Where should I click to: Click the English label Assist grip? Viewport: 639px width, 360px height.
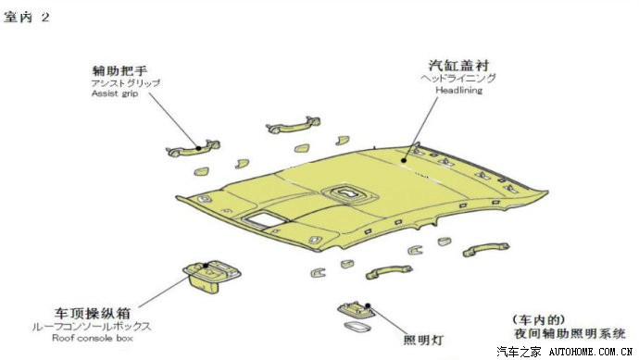pyautogui.click(x=115, y=93)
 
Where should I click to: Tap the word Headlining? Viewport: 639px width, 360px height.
pyautogui.click(x=458, y=90)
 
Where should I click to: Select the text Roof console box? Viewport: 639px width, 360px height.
pyautogui.click(x=93, y=338)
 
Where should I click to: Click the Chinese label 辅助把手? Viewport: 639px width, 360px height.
pyautogui.click(x=119, y=71)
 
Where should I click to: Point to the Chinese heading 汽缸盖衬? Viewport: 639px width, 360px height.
pyautogui.click(x=458, y=66)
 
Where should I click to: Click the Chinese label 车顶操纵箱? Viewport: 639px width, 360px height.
pyautogui.click(x=93, y=313)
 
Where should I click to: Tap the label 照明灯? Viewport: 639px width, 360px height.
pyautogui.click(x=423, y=340)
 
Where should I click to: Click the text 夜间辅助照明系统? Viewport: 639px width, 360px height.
pyautogui.click(x=570, y=333)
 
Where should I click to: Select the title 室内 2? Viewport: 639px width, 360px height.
pyautogui.click(x=27, y=17)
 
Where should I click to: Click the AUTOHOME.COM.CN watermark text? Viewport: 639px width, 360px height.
pyautogui.click(x=590, y=352)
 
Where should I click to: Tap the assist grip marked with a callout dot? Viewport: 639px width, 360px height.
pyautogui.click(x=194, y=148)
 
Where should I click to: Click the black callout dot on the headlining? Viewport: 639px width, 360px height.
pyautogui.click(x=404, y=160)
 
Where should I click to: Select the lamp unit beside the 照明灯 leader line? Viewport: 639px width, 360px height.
pyautogui.click(x=356, y=311)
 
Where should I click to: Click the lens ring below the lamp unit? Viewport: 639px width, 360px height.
pyautogui.click(x=357, y=327)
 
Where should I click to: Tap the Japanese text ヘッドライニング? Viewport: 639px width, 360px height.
pyautogui.click(x=458, y=78)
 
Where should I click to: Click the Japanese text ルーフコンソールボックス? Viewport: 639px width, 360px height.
pyautogui.click(x=92, y=326)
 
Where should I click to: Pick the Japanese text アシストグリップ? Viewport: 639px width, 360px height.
pyautogui.click(x=126, y=83)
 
